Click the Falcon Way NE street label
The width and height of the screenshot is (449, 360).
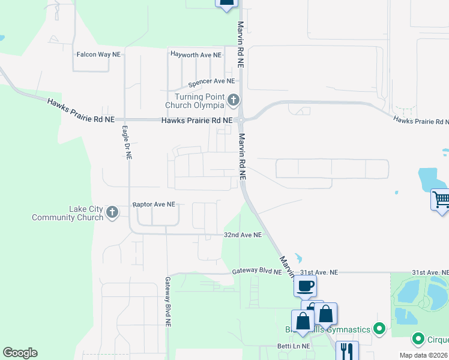98,54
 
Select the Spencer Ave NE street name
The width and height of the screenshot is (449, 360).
211,81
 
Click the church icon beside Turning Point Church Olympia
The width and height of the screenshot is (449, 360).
234,100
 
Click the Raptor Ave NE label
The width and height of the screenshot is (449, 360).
154,205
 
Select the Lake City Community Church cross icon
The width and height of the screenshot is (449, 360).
112,212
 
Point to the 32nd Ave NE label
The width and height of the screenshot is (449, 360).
243,235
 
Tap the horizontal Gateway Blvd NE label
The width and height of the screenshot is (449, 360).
257,272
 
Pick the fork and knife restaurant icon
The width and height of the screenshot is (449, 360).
346,350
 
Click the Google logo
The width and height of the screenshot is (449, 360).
20,353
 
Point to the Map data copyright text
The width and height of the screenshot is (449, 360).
423,355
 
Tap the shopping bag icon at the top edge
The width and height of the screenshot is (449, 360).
226,3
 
